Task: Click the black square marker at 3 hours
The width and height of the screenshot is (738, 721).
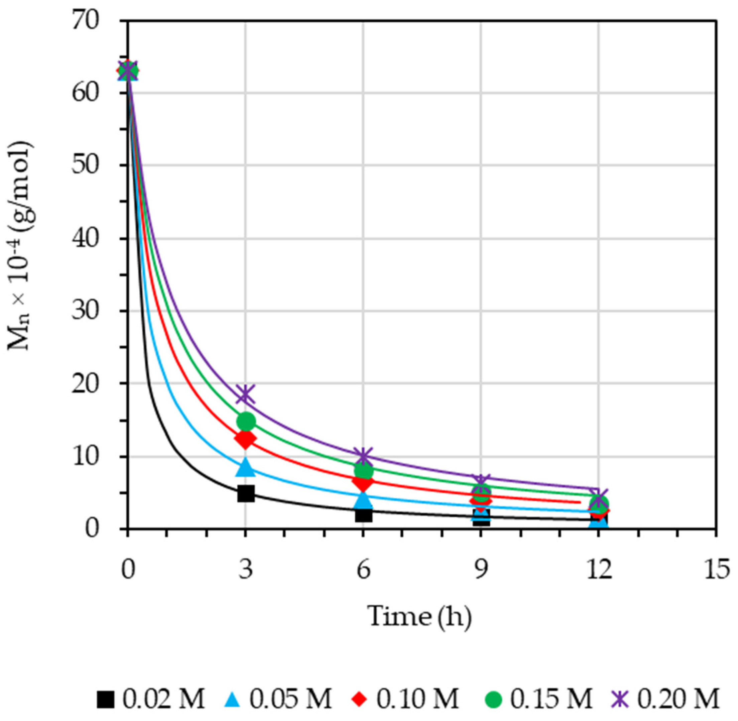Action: tap(245, 493)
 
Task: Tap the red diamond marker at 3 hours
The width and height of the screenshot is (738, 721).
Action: tap(245, 439)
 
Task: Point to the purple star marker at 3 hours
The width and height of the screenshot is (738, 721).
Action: tap(245, 394)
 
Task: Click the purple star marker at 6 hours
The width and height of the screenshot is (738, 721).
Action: tap(363, 456)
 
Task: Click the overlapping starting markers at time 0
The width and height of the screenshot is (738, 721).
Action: tap(128, 71)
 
